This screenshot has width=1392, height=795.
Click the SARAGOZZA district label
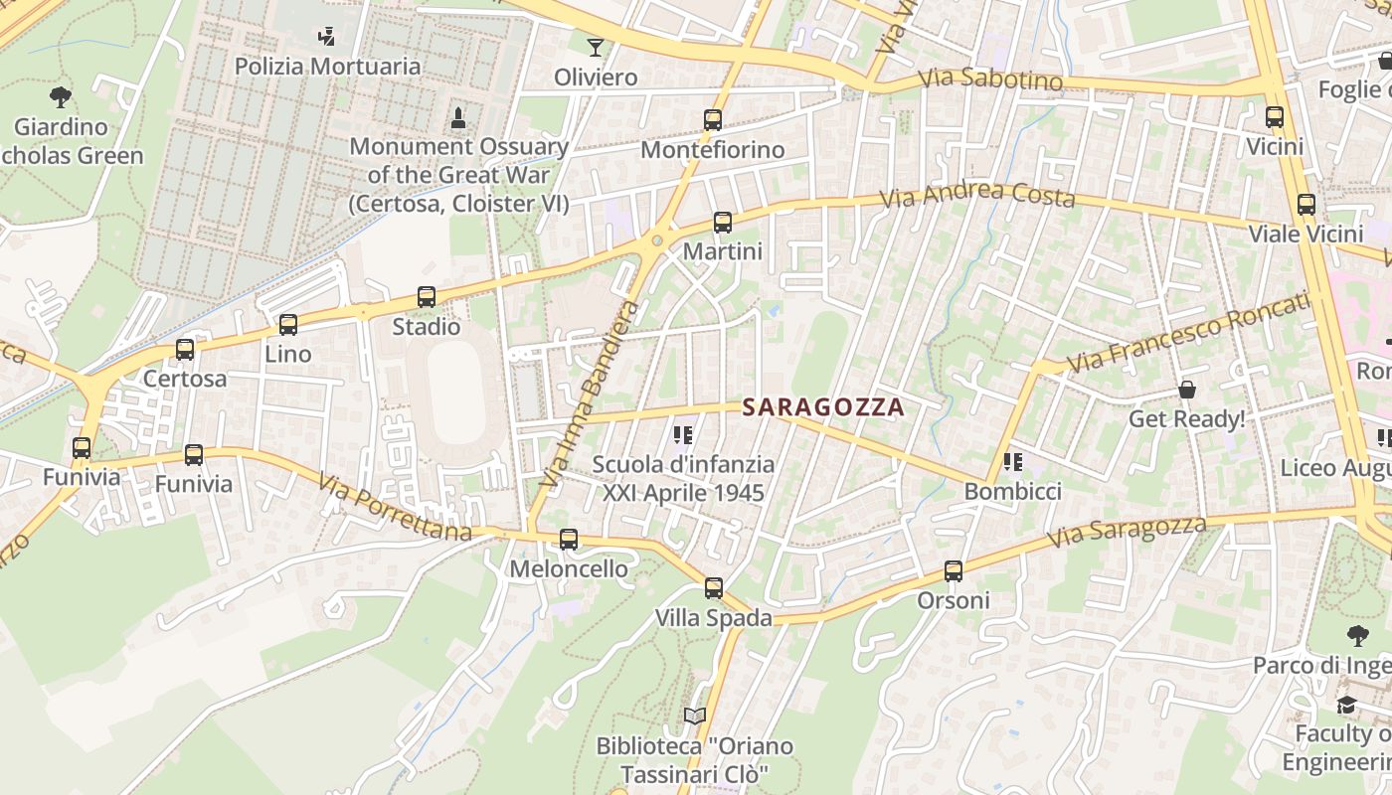(823, 406)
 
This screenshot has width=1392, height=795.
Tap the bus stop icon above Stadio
(427, 297)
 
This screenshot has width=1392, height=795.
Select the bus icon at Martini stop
(723, 223)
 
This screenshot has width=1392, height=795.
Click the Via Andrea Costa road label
(978, 194)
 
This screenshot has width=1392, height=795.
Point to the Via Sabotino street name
(990, 79)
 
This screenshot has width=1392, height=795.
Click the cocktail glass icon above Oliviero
(595, 48)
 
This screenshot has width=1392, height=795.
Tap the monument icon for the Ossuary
(458, 118)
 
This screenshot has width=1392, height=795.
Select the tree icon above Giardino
(61, 97)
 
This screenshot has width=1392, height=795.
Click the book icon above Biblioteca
(695, 716)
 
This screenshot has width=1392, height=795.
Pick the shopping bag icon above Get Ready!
(1186, 390)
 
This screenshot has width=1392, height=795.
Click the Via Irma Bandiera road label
(591, 395)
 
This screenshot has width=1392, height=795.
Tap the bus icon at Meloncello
(569, 540)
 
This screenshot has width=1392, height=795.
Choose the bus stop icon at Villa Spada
(714, 588)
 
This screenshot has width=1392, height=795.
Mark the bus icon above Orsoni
(954, 571)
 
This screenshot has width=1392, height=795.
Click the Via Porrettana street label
(395, 507)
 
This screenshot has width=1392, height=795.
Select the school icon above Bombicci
(1013, 462)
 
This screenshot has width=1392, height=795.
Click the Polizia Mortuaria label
(327, 67)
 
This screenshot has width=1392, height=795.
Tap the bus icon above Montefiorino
(713, 120)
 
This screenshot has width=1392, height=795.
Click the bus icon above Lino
(288, 324)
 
